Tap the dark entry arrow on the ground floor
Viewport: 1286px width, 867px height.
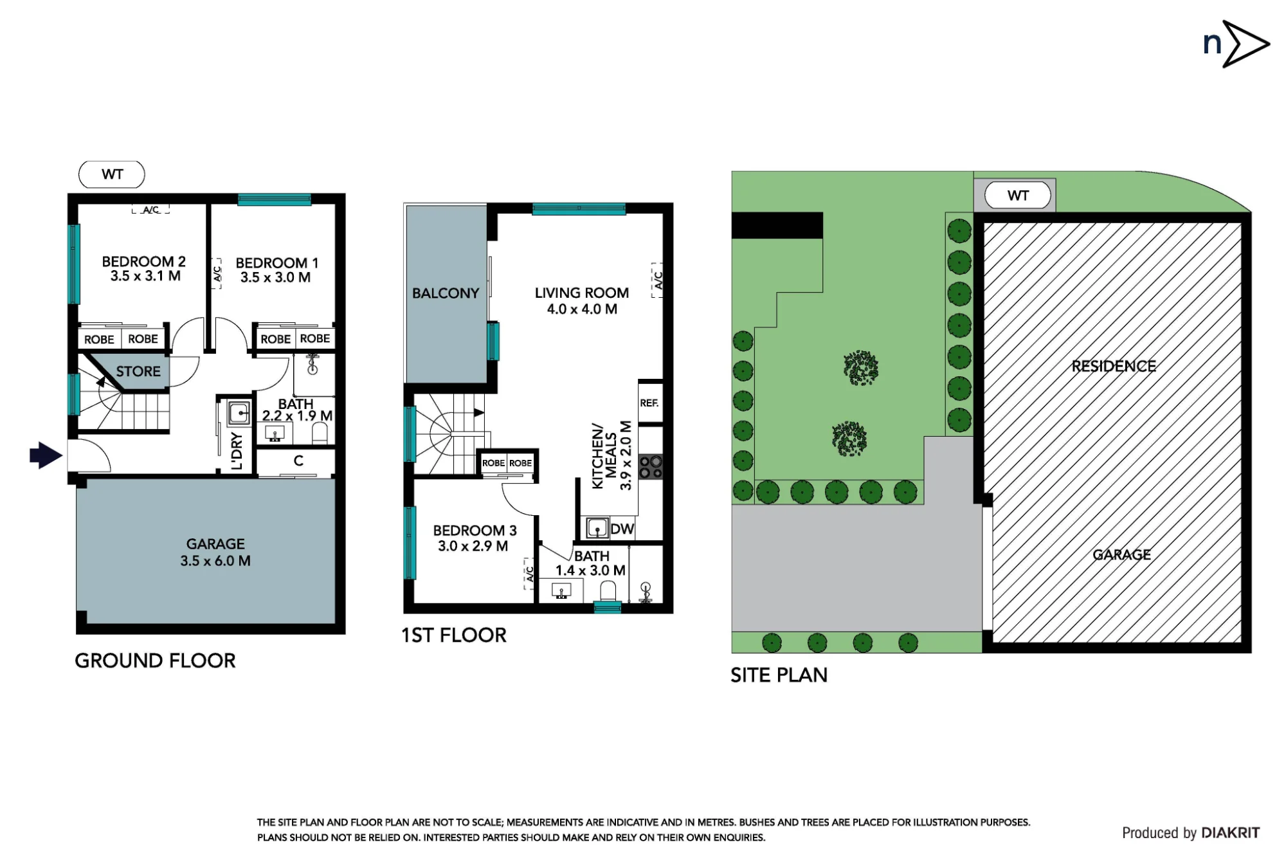coord(46,455)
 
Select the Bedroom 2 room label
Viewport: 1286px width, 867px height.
coord(144,262)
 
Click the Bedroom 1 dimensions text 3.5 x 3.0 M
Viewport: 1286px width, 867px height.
coord(275,277)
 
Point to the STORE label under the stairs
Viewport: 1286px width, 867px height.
coord(138,371)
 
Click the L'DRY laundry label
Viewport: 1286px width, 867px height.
coord(237,451)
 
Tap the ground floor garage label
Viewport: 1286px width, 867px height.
coord(215,544)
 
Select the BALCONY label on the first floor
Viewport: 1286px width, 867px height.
coord(446,293)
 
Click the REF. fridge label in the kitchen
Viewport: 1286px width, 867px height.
coord(649,403)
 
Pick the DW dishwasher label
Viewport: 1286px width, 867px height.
coord(622,529)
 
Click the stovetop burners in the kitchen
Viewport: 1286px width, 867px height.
coord(651,467)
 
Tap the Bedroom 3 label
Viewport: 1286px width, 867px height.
coord(475,531)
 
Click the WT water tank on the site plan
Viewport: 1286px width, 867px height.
coord(1018,196)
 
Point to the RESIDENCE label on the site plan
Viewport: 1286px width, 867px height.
coord(1114,366)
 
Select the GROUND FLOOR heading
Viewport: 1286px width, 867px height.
coord(155,661)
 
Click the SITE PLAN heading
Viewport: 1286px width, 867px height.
coord(779,675)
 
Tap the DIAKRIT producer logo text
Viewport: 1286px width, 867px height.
coord(1230,833)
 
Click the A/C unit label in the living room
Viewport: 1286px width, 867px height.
coord(657,280)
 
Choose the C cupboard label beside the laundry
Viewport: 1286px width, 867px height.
coord(298,461)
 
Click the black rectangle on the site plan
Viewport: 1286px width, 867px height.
coord(777,225)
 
